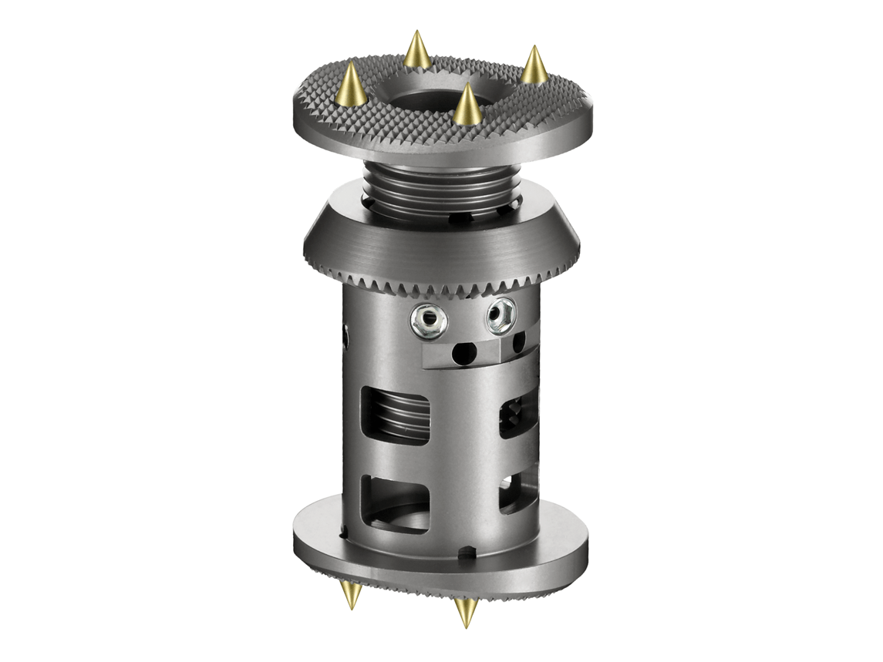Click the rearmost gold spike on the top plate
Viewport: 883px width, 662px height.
[417, 51]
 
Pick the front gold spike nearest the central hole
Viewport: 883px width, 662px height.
[467, 106]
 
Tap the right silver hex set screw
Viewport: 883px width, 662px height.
[500, 316]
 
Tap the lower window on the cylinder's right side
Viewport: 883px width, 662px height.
[516, 494]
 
